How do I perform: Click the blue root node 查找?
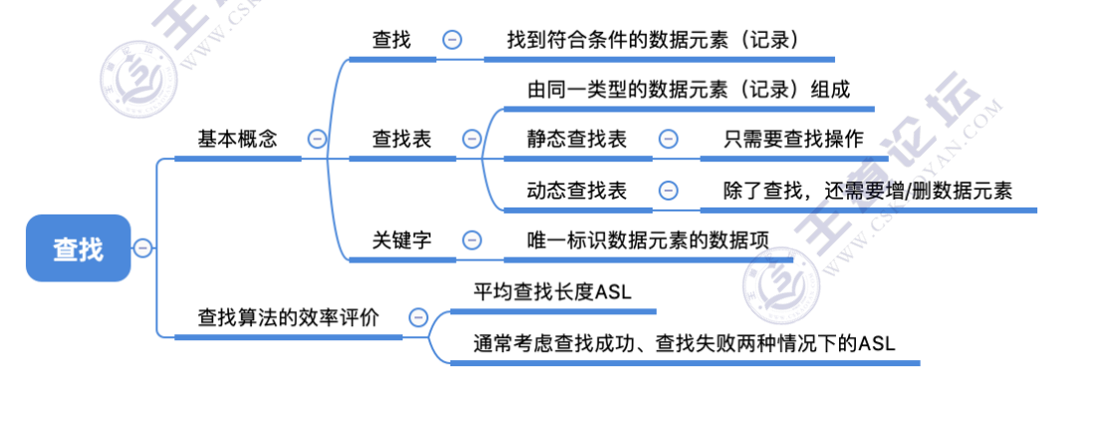[x=78, y=247]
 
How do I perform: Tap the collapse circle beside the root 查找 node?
[x=142, y=247]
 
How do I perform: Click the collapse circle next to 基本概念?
[x=317, y=140]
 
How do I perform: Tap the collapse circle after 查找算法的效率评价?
[x=418, y=318]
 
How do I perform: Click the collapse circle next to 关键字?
[x=471, y=240]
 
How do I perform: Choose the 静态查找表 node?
[x=577, y=140]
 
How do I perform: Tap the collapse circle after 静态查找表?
[x=669, y=140]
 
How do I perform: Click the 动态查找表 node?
[x=577, y=191]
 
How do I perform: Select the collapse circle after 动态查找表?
[x=669, y=191]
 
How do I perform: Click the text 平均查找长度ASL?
[x=552, y=291]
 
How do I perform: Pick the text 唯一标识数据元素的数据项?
[x=648, y=240]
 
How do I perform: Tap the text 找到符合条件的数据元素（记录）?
[x=654, y=40]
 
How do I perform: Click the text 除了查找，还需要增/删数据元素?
[x=868, y=191]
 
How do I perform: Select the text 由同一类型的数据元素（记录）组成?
[x=689, y=89]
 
